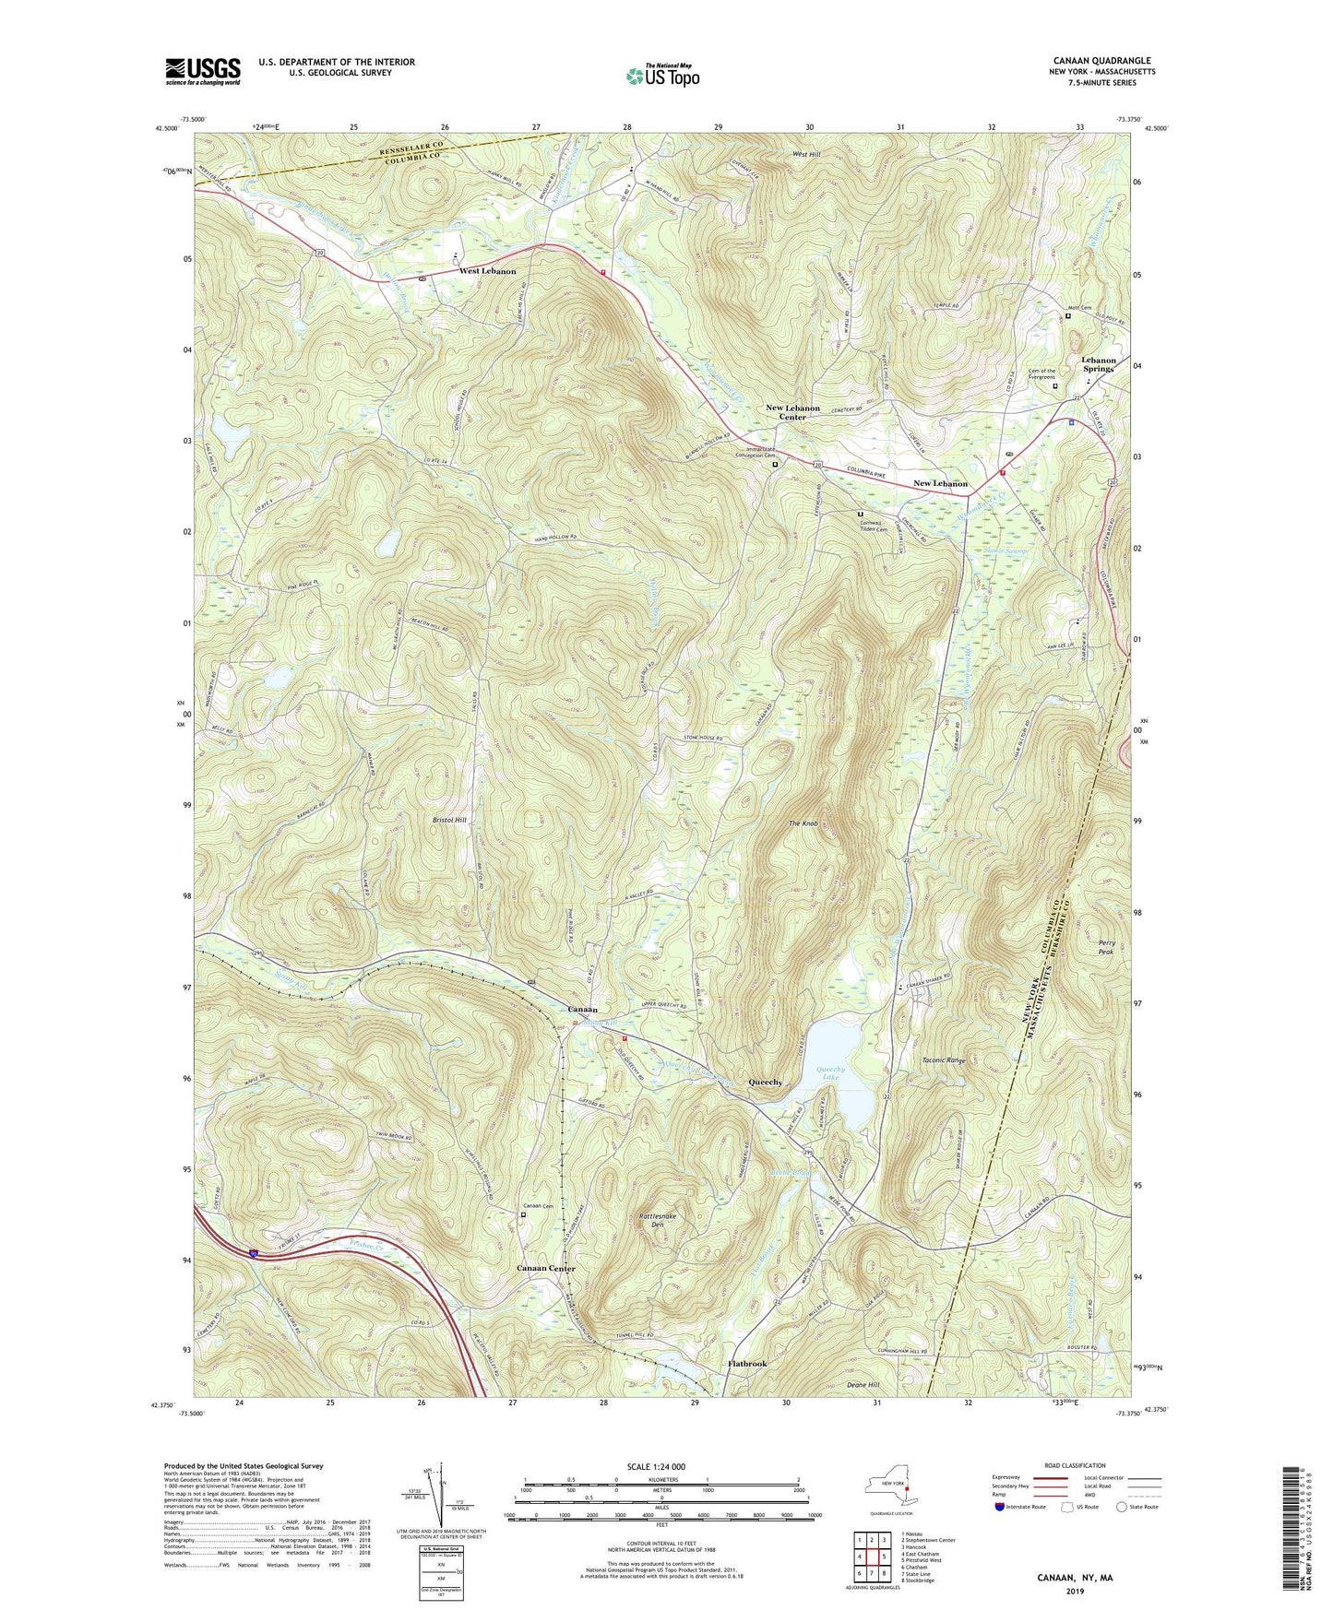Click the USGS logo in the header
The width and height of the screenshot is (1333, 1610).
[x=203, y=70]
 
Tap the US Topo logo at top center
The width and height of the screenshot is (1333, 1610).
[x=661, y=75]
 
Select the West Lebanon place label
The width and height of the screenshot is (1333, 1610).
[x=487, y=271]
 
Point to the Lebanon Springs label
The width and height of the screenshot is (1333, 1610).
[x=1098, y=364]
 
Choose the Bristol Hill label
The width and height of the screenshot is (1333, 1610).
[x=448, y=819]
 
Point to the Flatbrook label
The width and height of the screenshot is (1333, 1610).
[x=746, y=1363]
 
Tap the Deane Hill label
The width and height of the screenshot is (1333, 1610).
[x=863, y=1384]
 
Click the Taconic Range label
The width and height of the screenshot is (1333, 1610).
[x=944, y=1060]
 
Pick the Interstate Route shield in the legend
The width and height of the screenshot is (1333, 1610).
[x=1000, y=1507]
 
